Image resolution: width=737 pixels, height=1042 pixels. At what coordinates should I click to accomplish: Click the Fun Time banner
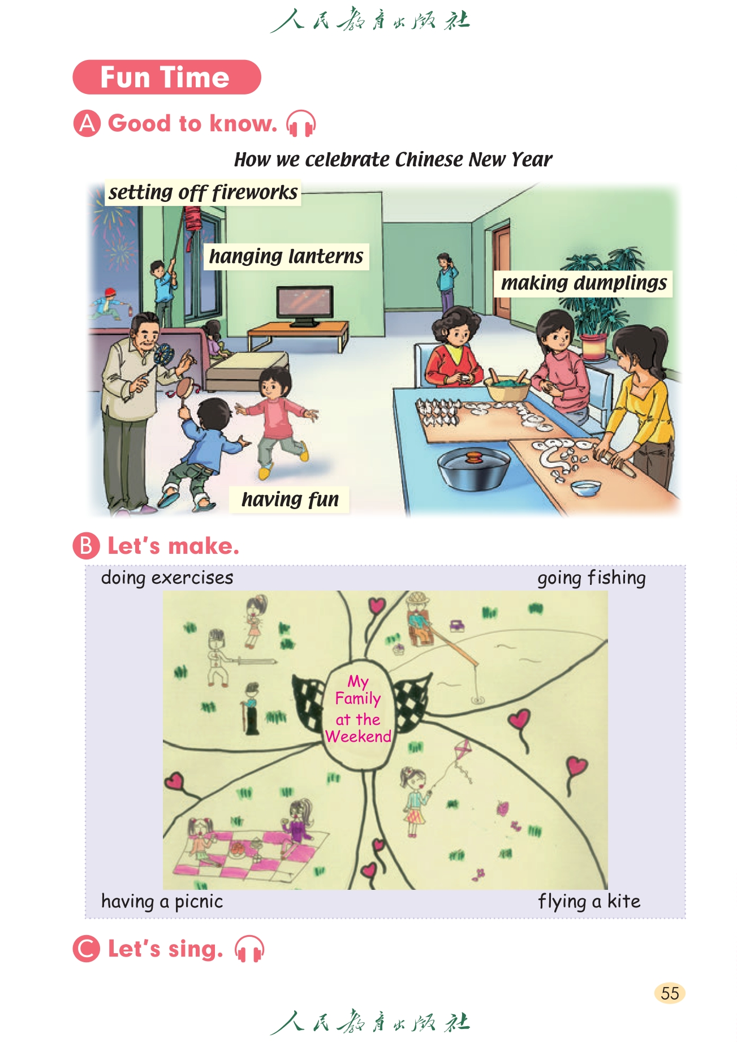pyautogui.click(x=167, y=77)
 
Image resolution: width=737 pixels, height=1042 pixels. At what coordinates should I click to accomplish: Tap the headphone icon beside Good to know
pyautogui.click(x=300, y=123)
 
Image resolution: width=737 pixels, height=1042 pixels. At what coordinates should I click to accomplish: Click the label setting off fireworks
pyautogui.click(x=203, y=192)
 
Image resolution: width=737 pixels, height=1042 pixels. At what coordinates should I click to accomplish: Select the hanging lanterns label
pyautogui.click(x=286, y=256)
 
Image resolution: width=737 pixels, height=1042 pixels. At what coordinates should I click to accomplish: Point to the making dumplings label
pyautogui.click(x=584, y=283)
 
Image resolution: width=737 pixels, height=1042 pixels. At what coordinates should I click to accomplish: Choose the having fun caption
pyautogui.click(x=290, y=500)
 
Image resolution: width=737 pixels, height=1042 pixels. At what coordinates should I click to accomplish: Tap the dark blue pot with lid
pyautogui.click(x=473, y=468)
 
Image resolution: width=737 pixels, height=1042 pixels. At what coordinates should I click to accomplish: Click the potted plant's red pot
pyautogui.click(x=593, y=346)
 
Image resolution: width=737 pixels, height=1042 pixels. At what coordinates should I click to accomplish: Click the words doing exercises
pyautogui.click(x=167, y=578)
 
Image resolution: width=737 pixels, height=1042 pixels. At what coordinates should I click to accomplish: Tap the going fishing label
pyautogui.click(x=592, y=578)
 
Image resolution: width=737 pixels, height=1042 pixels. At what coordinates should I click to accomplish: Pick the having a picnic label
pyautogui.click(x=162, y=901)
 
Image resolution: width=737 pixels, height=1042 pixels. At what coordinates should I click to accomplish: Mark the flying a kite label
pyautogui.click(x=589, y=901)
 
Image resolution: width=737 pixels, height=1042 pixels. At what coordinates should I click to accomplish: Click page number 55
pyautogui.click(x=670, y=993)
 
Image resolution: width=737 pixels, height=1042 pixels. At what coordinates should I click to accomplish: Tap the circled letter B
pyautogui.click(x=87, y=546)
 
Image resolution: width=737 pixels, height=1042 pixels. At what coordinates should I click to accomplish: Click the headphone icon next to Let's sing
pyautogui.click(x=249, y=949)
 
